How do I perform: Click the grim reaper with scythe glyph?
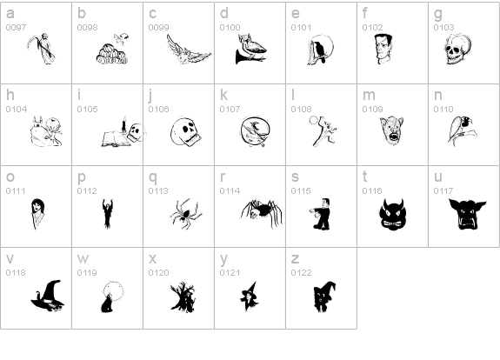(x=42, y=49)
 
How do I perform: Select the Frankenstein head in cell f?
(x=383, y=49)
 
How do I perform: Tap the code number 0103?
(x=443, y=28)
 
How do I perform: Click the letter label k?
(x=223, y=95)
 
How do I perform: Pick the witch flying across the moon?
(x=255, y=131)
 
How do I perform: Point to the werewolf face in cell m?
(x=391, y=130)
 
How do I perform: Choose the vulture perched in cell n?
(x=462, y=130)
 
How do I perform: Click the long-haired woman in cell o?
(x=38, y=213)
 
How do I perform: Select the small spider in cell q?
(x=186, y=214)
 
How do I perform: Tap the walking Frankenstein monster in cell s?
(x=321, y=214)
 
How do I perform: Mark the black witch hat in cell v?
(x=47, y=296)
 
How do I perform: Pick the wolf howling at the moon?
(x=111, y=297)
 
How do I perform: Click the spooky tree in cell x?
(x=183, y=297)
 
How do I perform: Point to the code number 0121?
(x=230, y=273)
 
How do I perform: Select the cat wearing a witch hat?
(x=324, y=297)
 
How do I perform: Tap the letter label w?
(x=83, y=259)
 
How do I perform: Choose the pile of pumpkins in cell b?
(x=112, y=54)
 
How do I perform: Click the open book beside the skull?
(x=116, y=139)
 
